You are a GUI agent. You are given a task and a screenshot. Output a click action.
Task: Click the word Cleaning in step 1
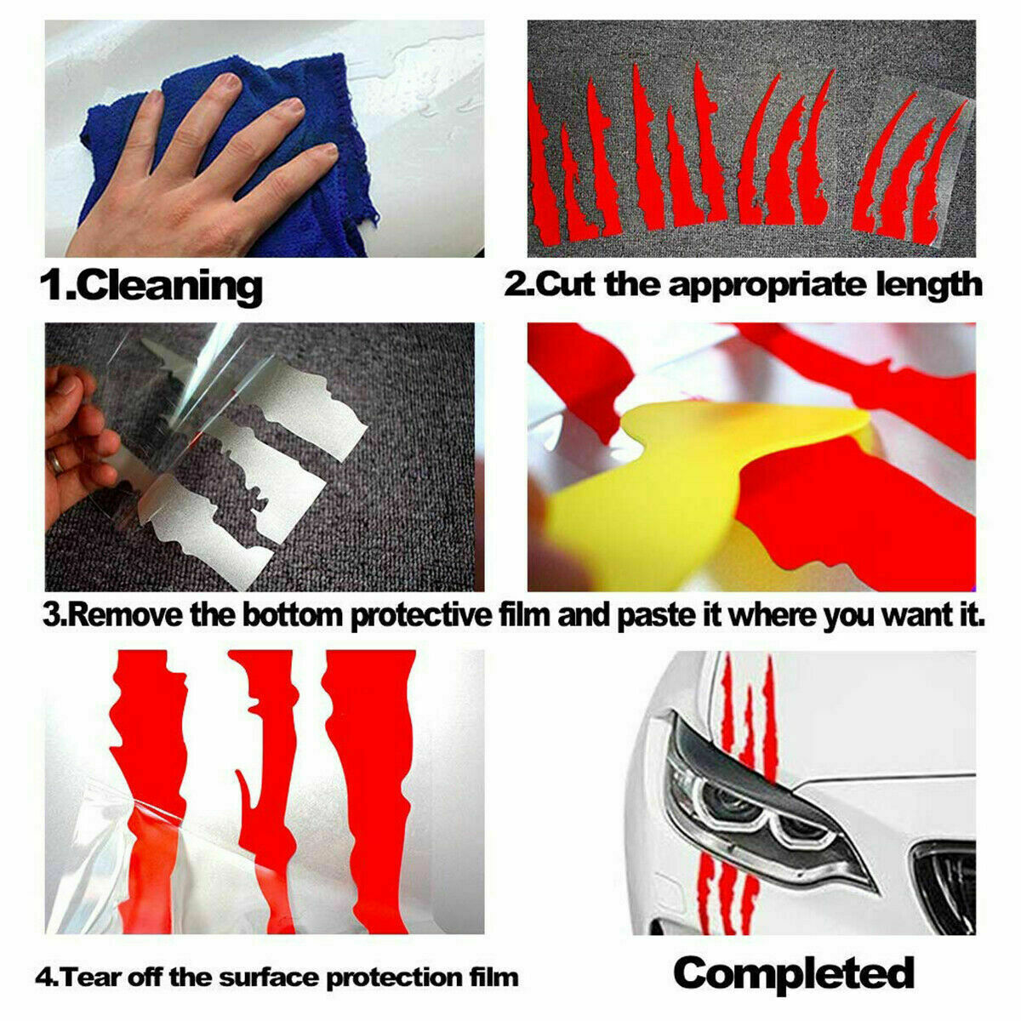172,287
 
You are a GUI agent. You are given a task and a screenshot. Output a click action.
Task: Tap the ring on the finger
55,463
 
